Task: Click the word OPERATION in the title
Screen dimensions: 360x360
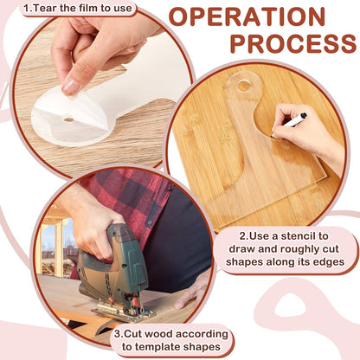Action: pyautogui.click(x=247, y=16)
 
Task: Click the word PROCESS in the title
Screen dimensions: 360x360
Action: pyautogui.click(x=293, y=44)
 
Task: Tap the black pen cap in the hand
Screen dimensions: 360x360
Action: pyautogui.click(x=303, y=116)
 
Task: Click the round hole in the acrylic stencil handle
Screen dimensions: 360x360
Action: pyautogui.click(x=244, y=85)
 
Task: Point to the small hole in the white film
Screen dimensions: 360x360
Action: pyautogui.click(x=68, y=119)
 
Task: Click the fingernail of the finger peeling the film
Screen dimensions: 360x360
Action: pyautogui.click(x=69, y=86)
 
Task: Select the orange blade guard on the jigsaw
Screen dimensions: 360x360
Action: pyautogui.click(x=134, y=302)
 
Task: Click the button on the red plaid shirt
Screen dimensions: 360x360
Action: pyautogui.click(x=150, y=223)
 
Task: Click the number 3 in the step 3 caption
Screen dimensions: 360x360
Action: pyautogui.click(x=118, y=334)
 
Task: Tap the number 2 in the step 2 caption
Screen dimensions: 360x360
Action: pyautogui.click(x=242, y=236)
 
